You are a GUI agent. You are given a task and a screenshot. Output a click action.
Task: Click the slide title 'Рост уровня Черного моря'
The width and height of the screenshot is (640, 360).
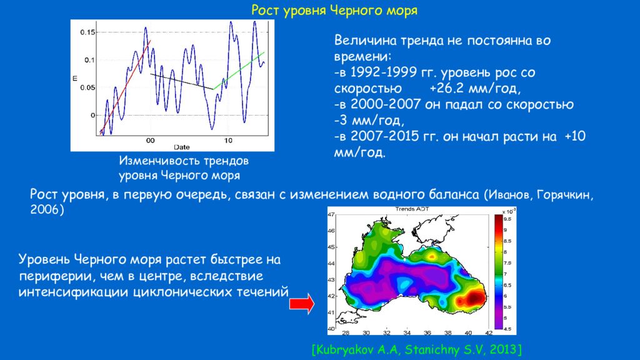334,10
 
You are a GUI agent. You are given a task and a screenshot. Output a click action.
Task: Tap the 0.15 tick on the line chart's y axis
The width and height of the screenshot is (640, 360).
87,32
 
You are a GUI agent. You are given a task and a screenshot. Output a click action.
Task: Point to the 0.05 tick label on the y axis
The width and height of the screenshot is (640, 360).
87,87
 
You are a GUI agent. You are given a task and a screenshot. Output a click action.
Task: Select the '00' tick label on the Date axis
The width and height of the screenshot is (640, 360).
150,141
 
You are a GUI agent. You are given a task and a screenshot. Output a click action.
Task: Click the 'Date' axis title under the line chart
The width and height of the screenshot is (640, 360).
182,147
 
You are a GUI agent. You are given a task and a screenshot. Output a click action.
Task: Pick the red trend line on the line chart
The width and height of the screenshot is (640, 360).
125,87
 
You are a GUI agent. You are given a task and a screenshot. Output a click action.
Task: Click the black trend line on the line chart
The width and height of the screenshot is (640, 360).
182,81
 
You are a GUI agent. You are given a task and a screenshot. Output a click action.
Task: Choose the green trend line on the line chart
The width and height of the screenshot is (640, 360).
238,71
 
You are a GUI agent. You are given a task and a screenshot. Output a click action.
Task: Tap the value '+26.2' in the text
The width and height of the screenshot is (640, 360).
449,88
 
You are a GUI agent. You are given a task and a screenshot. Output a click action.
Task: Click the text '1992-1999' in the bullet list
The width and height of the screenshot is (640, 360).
384,72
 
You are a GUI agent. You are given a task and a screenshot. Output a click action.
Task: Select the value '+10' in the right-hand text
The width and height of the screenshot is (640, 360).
575,136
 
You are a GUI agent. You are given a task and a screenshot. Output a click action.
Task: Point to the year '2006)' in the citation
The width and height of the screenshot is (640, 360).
47,209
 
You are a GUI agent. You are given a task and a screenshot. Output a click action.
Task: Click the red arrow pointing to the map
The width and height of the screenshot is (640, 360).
302,304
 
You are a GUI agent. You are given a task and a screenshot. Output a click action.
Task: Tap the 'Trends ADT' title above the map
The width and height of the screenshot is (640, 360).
412,209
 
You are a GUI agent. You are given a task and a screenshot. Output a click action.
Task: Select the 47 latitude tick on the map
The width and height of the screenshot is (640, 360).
331,214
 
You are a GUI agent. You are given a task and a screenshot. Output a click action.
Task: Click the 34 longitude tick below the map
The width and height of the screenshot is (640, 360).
407,332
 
